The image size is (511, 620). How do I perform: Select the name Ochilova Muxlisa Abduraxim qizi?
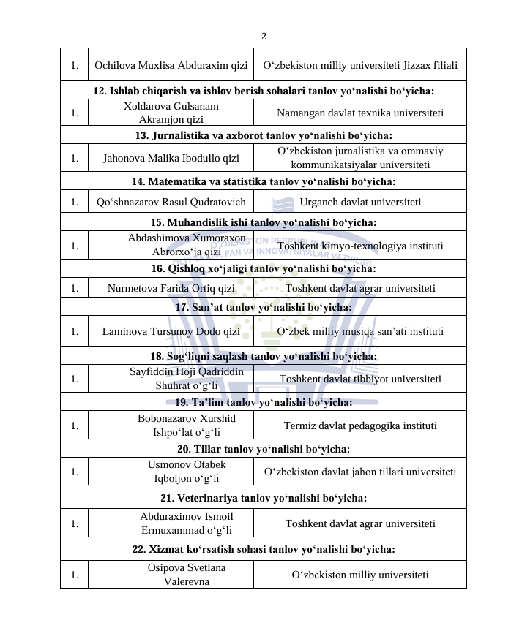[171, 65]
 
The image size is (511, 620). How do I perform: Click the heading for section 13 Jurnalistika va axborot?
[264, 135]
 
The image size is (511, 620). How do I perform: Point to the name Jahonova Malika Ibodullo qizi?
[171, 157]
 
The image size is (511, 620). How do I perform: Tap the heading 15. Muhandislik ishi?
[264, 222]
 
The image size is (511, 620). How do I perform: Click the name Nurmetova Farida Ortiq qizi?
[171, 288]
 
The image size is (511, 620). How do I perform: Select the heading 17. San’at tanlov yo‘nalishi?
[264, 307]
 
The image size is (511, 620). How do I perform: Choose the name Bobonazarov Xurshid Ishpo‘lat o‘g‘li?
[171, 425]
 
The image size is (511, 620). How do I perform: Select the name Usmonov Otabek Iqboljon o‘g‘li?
[171, 472]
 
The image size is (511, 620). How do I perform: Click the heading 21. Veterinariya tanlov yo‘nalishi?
[264, 498]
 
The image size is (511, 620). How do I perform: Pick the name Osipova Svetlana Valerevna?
[171, 574]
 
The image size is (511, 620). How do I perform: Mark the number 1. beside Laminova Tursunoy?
[75, 331]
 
